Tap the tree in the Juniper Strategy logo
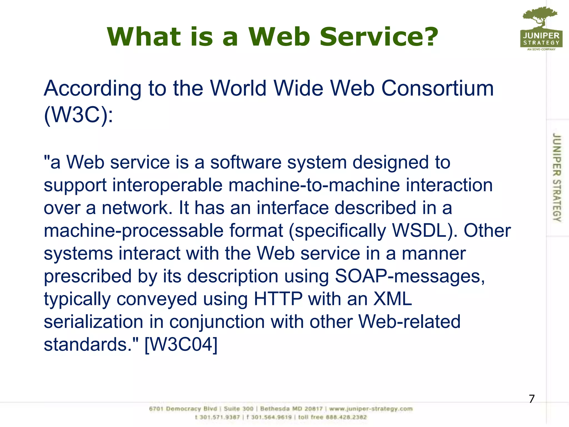[540, 17]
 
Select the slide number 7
[531, 399]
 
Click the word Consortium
[437, 88]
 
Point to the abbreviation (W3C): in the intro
[78, 115]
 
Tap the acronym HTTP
[278, 299]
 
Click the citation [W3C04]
[181, 344]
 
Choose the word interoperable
[167, 185]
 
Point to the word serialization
[93, 322]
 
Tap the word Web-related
[409, 322]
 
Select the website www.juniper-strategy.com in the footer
[371, 409]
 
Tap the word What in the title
[144, 37]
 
